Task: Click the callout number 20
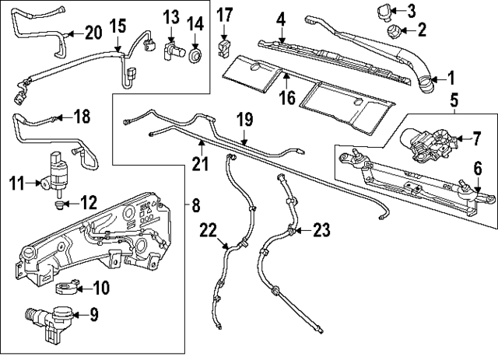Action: point(93,33)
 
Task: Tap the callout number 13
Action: point(171,17)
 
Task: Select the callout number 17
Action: point(224,14)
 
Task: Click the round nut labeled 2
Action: point(395,32)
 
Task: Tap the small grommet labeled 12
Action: point(59,206)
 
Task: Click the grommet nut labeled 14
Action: point(195,53)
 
